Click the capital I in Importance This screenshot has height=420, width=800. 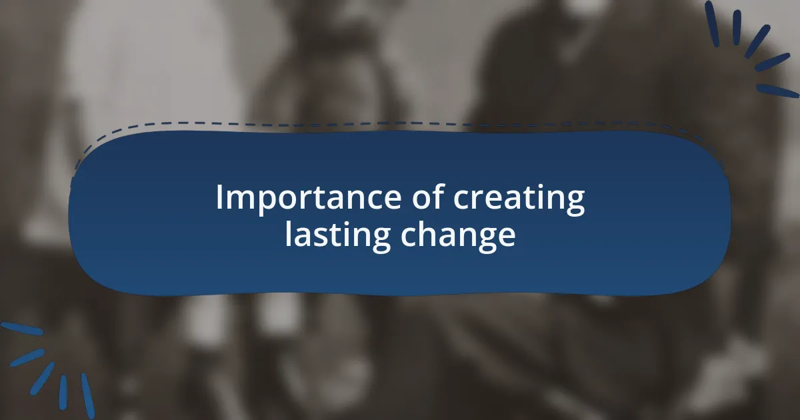(x=219, y=198)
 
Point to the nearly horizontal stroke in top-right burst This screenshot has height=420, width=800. (x=777, y=90)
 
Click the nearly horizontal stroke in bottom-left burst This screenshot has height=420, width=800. (x=21, y=329)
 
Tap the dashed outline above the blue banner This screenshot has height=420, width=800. (x=400, y=123)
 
